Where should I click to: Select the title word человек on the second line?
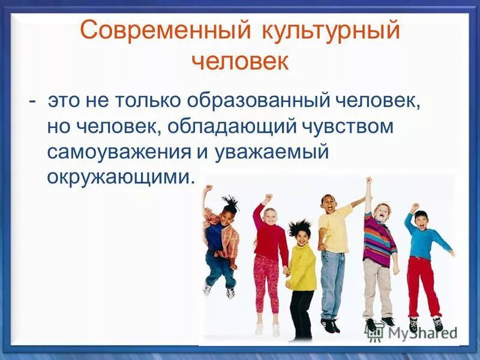pos(240,60)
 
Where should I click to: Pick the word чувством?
pos(346,127)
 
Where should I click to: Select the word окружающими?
pos(121,177)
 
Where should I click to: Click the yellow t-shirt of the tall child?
pos(335,228)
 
